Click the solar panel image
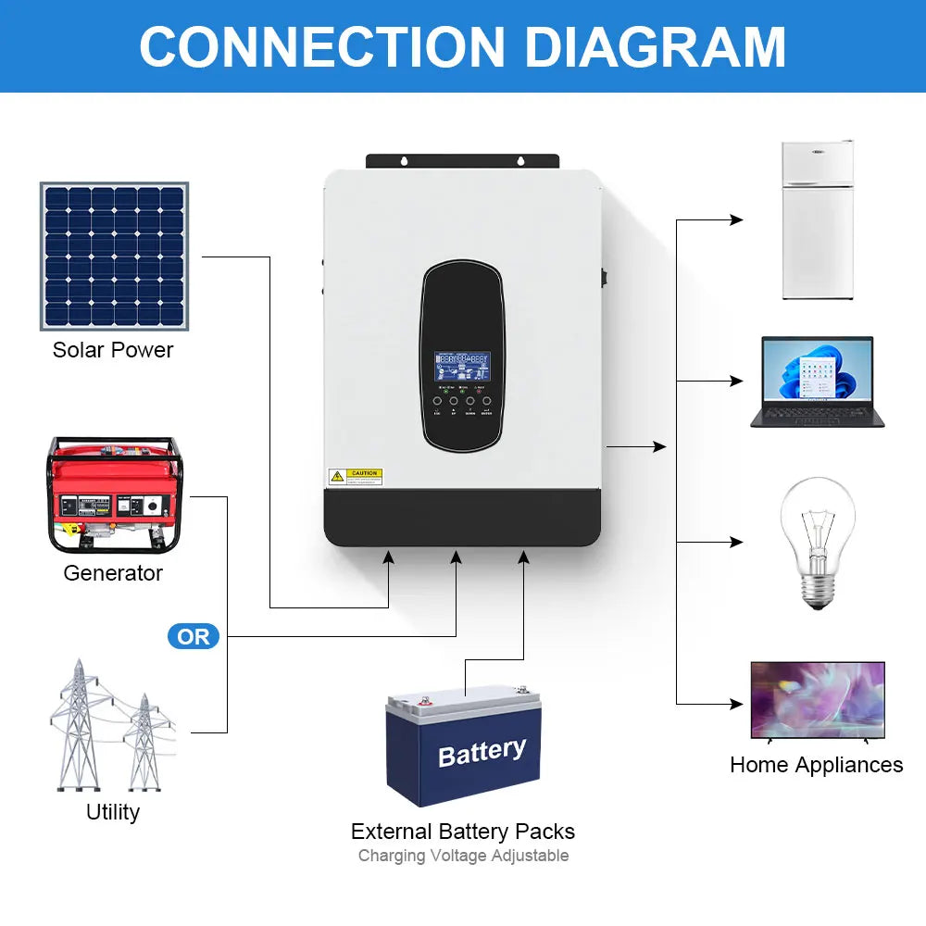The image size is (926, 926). pyautogui.click(x=114, y=257)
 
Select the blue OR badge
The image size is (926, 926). pyautogui.click(x=194, y=637)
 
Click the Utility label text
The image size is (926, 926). pyautogui.click(x=113, y=812)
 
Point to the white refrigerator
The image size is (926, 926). pyautogui.click(x=817, y=219)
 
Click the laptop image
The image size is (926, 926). pyautogui.click(x=817, y=382)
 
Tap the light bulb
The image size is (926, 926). pyautogui.click(x=816, y=542)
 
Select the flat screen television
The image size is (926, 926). pyautogui.click(x=817, y=701)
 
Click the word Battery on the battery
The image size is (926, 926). pyautogui.click(x=482, y=752)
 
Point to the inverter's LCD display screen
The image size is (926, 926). pyautogui.click(x=463, y=367)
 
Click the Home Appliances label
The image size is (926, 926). pyautogui.click(x=816, y=765)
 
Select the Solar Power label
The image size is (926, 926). pyautogui.click(x=113, y=350)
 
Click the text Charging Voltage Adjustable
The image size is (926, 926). pyautogui.click(x=463, y=856)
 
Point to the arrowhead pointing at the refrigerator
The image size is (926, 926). pyautogui.click(x=737, y=220)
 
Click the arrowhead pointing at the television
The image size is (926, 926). pyautogui.click(x=737, y=704)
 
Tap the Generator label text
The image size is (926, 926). pyautogui.click(x=113, y=573)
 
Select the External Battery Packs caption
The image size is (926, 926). pyautogui.click(x=463, y=831)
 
